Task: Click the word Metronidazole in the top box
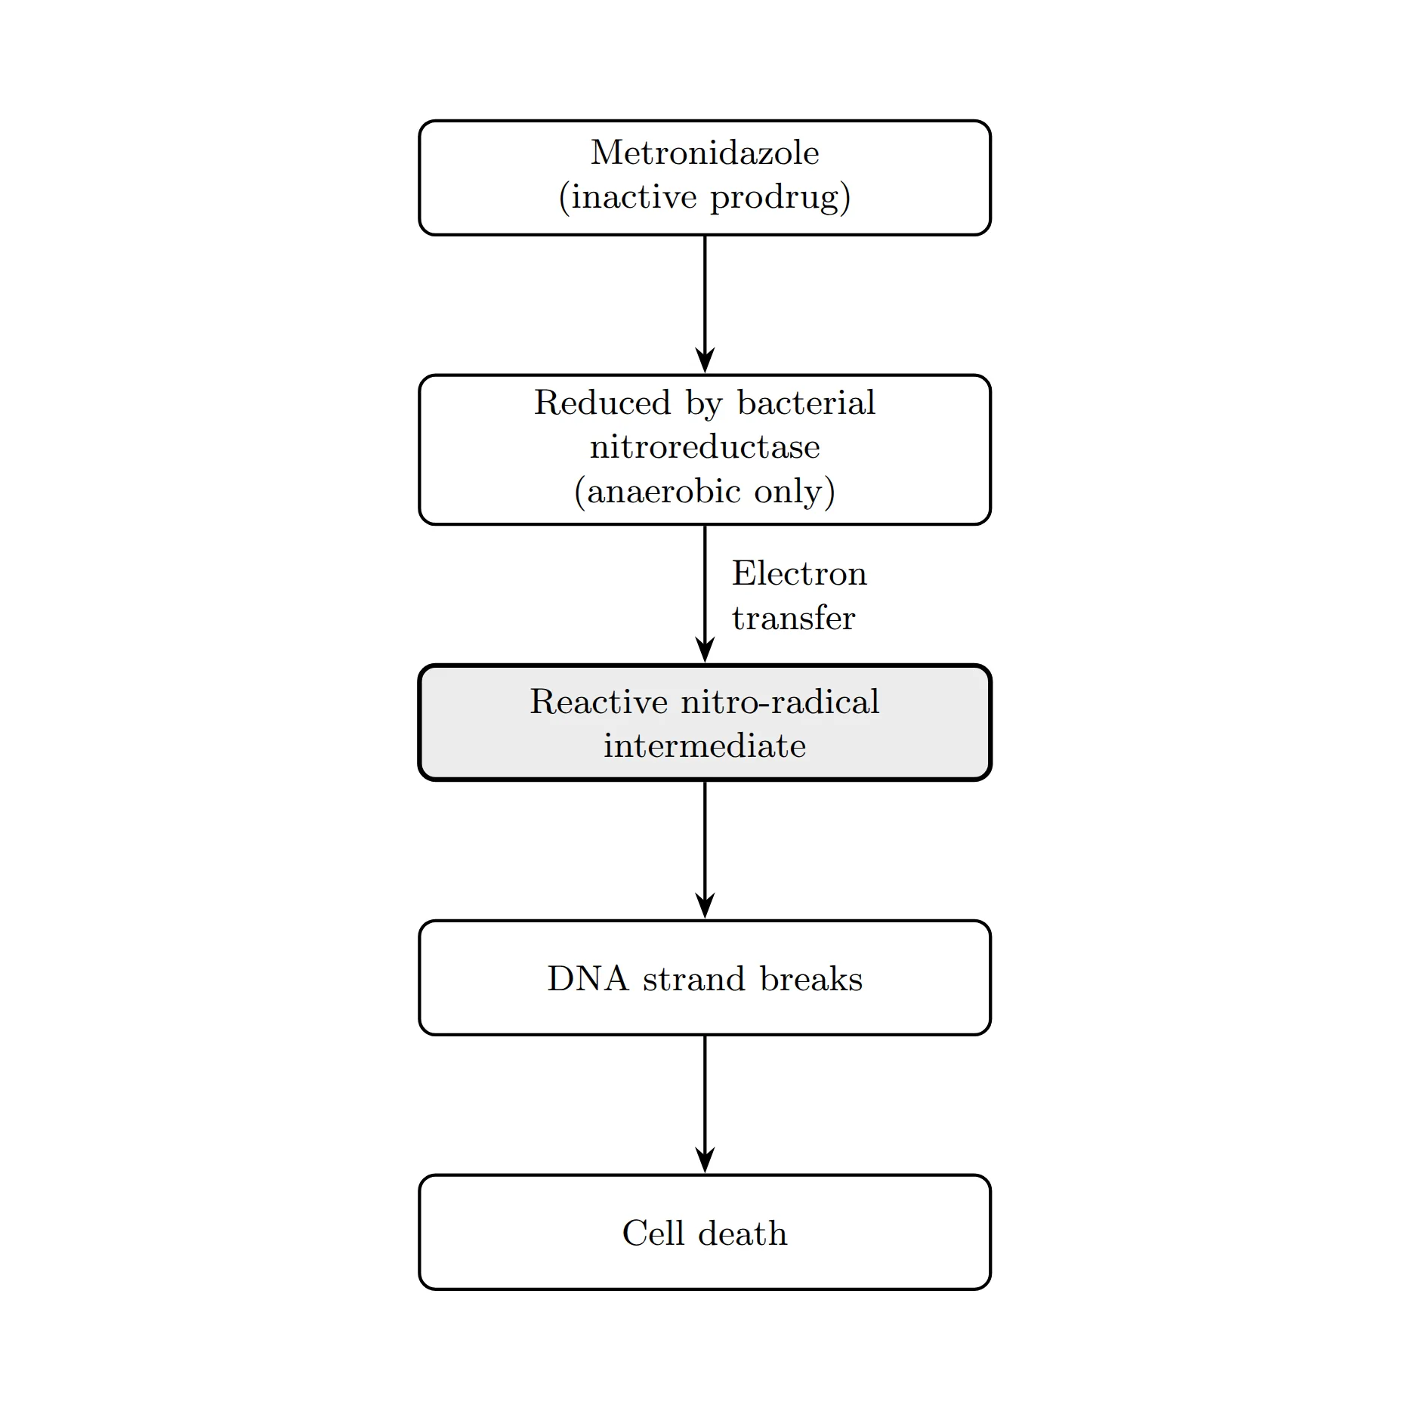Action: [x=705, y=153]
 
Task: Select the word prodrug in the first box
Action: [x=775, y=198]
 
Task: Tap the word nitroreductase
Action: [x=705, y=447]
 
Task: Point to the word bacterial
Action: [x=806, y=403]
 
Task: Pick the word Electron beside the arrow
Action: [x=799, y=573]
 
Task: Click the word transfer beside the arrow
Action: [x=793, y=618]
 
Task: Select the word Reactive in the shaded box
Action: [x=599, y=702]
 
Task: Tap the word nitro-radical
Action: [x=780, y=702]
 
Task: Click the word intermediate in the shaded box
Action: [x=705, y=746]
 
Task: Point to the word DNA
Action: [x=588, y=979]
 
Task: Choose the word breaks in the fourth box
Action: [x=811, y=979]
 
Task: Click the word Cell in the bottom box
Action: [x=653, y=1234]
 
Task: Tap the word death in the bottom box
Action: [x=743, y=1234]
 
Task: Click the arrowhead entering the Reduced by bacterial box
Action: [x=705, y=361]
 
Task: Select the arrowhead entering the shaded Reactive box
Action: [x=705, y=651]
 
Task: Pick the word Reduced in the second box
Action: [x=602, y=403]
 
